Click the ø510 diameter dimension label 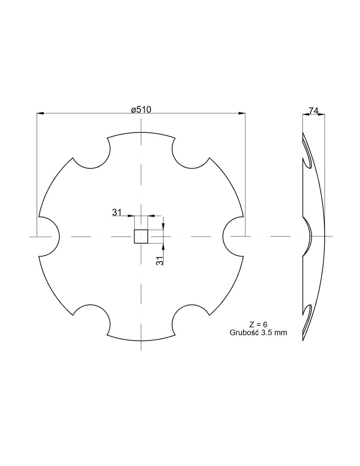[141, 110]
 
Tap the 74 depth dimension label [313, 111]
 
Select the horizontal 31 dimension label [117, 212]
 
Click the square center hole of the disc [141, 236]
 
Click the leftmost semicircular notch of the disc [58, 236]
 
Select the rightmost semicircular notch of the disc [223, 236]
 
